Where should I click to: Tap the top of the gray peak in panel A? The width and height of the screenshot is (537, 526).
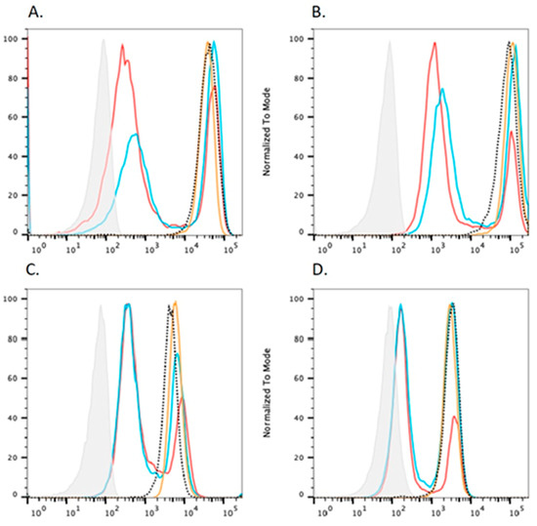point(103,41)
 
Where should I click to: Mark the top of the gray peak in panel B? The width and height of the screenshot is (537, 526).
point(389,41)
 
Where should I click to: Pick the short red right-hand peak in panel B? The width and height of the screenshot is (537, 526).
point(511,133)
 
